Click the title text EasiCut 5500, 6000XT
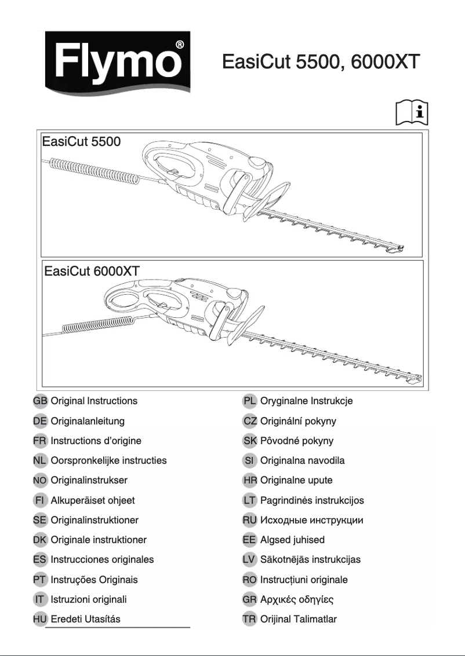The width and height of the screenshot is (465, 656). [321, 61]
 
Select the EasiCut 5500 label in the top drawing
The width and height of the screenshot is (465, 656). [81, 141]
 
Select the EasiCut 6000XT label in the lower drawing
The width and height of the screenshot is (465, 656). [92, 272]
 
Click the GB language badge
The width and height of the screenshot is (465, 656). [40, 401]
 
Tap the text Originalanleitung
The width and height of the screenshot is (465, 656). [88, 421]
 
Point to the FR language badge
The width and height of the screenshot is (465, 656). [40, 441]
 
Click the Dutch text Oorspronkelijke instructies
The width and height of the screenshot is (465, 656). [108, 460]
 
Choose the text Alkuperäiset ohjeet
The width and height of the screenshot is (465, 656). [93, 500]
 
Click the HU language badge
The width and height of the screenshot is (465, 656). [40, 619]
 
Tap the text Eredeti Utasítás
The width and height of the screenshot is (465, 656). [86, 619]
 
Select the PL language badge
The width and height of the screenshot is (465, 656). [250, 401]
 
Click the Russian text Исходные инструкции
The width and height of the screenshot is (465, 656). [312, 520]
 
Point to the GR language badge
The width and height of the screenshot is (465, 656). [250, 599]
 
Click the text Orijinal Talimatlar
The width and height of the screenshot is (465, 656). [299, 619]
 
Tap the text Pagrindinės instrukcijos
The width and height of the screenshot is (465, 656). [312, 500]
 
